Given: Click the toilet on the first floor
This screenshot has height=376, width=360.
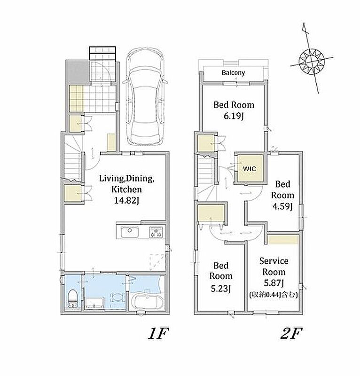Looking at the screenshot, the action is coord(72,299).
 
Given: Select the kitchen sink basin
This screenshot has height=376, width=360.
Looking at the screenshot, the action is coord(130,232).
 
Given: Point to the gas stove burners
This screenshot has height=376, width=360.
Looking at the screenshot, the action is coord(156,233).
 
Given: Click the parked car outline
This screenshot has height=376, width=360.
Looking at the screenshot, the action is coord(145,97).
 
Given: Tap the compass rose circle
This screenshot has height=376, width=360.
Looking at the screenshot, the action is coord(312,62).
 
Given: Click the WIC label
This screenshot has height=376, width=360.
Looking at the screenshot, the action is coord(250,169).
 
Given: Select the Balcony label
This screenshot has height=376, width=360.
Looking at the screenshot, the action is coord(233,72).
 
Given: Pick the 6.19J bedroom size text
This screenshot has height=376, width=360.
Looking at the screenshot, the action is coord(234,116).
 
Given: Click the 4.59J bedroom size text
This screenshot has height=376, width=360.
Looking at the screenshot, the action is coord(282,206).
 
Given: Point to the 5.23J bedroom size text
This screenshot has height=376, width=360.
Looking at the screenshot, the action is coord(221,289).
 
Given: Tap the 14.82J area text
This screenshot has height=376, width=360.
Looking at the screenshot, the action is coord(126,200).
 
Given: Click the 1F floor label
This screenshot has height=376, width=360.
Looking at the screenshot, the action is coord(158,333).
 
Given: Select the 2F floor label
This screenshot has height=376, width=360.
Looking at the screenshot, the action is coord(291,333).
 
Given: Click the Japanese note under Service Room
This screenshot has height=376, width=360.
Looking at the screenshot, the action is coord(274,295).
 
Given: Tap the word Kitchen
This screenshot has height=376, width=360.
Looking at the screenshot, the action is coord(126,189).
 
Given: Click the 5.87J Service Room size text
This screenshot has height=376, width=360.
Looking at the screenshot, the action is coord(274,283).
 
